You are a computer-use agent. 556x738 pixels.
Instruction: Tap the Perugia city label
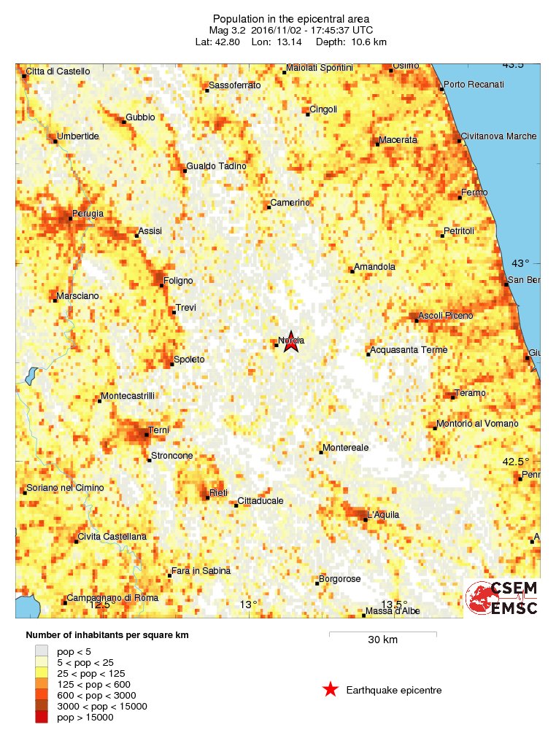pyautogui.click(x=88, y=214)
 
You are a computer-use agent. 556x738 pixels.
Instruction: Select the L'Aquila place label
pyautogui.click(x=383, y=515)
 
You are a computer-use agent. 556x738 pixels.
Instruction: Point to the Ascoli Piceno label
pyautogui.click(x=446, y=316)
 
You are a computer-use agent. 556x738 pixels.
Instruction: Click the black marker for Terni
pyautogui.click(x=147, y=435)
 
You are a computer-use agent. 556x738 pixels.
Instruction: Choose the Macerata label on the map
pyautogui.click(x=398, y=139)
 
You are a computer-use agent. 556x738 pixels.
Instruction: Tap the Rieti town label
pyautogui.click(x=218, y=493)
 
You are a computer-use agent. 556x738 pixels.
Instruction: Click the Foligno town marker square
pyautogui.click(x=162, y=285)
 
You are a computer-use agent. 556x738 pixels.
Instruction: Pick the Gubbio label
pyautogui.click(x=140, y=117)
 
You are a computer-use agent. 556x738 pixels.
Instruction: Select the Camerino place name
pyautogui.click(x=290, y=202)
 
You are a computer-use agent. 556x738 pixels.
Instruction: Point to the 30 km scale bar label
pyautogui.click(x=382, y=640)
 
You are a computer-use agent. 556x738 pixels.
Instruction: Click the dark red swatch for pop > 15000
pyautogui.click(x=42, y=718)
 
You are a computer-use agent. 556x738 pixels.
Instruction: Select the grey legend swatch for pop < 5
pyautogui.click(x=42, y=651)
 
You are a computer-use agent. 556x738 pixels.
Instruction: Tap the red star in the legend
pyautogui.click(x=331, y=689)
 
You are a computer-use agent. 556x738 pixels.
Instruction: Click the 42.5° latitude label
pyautogui.click(x=517, y=462)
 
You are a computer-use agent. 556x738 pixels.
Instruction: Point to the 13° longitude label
pyautogui.click(x=249, y=605)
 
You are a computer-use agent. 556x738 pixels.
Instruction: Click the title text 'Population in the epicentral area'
pyautogui.click(x=290, y=18)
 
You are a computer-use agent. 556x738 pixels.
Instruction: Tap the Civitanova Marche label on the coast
pyautogui.click(x=499, y=136)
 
